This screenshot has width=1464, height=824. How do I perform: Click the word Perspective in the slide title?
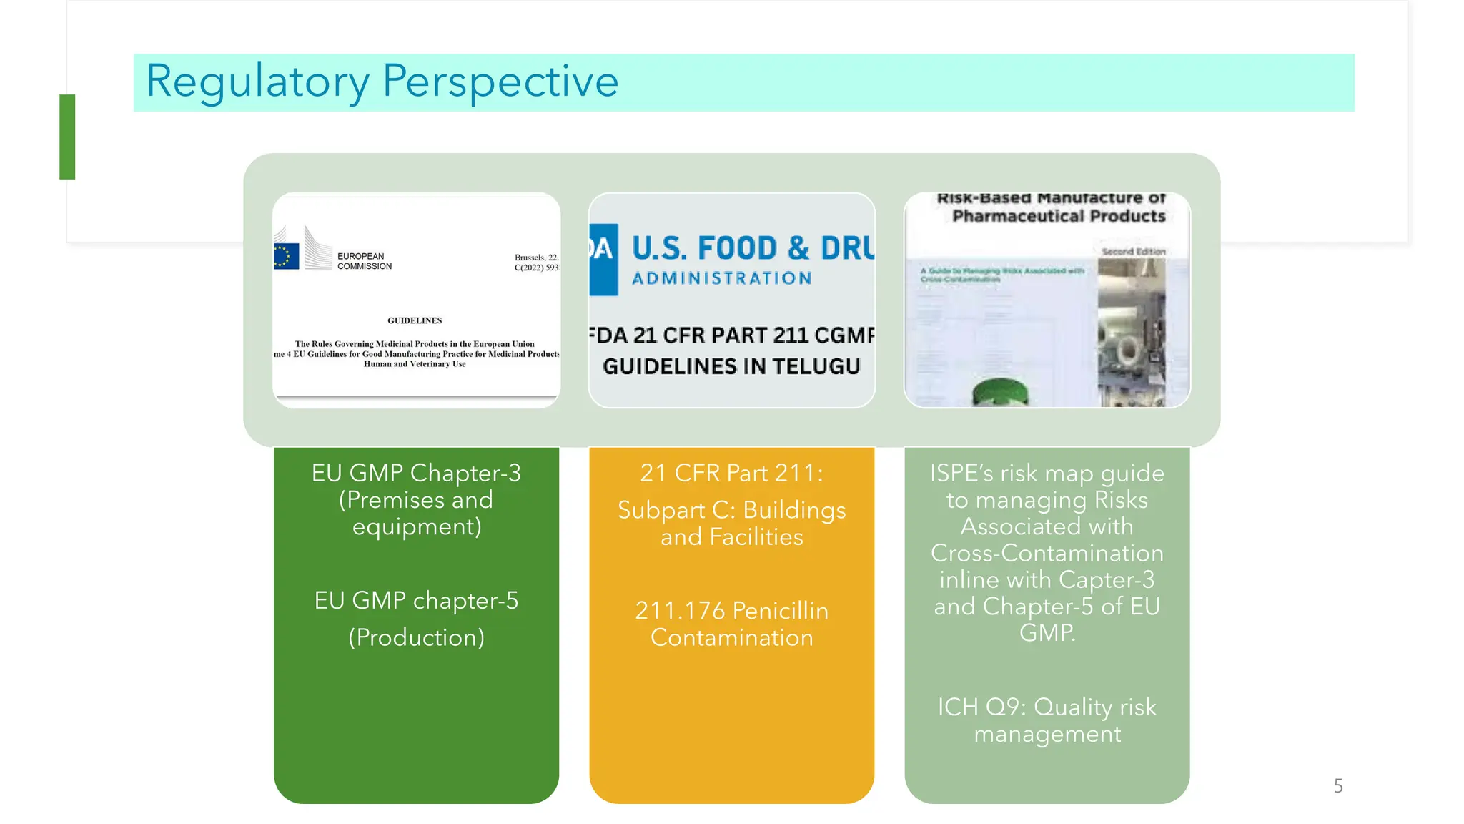coord(500,82)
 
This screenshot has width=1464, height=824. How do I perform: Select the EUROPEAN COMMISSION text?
coord(364,261)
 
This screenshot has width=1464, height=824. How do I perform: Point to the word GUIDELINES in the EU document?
coord(415,320)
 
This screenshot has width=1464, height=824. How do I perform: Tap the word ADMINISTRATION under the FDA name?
coord(721,278)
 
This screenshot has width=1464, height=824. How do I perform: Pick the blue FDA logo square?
coord(603,260)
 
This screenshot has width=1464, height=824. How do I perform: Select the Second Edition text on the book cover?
coord(1133,252)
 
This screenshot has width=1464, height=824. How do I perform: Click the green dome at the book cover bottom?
coord(1001,395)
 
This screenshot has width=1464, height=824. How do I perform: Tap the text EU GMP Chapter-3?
coord(416,473)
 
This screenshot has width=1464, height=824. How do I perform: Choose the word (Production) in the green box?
coord(416,637)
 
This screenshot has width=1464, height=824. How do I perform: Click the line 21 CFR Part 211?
coord(731,473)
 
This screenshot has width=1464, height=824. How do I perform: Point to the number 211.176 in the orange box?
coord(679,611)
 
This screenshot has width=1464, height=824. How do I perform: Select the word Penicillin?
coord(781,611)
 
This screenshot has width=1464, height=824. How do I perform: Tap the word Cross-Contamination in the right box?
coord(1047,553)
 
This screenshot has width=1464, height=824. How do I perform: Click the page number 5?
coord(1338,786)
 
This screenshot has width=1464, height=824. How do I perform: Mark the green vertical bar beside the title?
coord(67,137)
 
